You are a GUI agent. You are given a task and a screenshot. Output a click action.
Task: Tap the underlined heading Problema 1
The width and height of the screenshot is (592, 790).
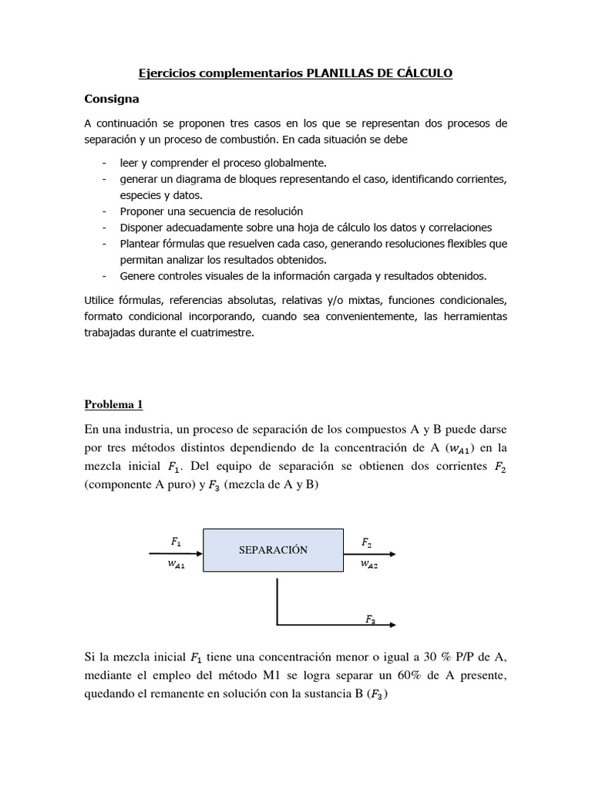(113, 404)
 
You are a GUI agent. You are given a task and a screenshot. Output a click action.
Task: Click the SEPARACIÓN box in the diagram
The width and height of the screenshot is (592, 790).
(273, 550)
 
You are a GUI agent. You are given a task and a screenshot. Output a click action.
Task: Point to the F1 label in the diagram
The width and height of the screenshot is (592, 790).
(177, 542)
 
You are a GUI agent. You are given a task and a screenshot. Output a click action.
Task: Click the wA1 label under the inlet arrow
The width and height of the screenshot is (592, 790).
(177, 565)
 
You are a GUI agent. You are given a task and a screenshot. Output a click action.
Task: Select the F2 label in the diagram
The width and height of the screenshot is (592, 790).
(368, 543)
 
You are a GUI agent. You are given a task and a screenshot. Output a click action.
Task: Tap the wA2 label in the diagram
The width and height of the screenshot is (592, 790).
(368, 565)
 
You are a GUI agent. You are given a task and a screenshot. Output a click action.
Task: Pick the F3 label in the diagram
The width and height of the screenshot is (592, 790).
(371, 619)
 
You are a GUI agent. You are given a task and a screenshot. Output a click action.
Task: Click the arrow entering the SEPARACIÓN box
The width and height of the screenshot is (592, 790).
(176, 554)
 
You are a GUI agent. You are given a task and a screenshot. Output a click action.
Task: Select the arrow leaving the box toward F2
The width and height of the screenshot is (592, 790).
(370, 554)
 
